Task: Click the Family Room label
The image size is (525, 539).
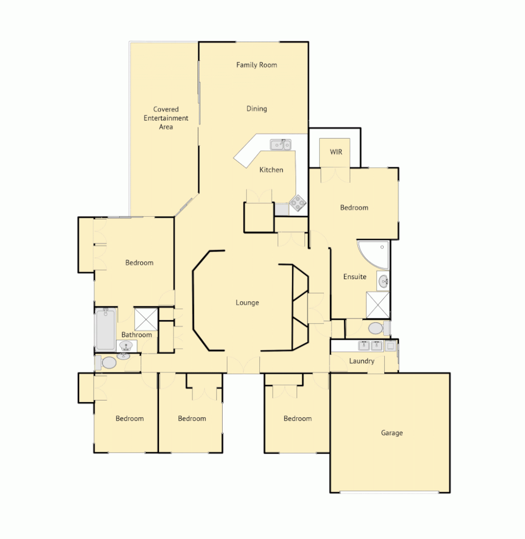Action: point(257,65)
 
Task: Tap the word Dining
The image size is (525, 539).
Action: point(257,108)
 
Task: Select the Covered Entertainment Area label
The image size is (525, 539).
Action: point(166,118)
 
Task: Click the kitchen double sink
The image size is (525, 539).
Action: point(280,144)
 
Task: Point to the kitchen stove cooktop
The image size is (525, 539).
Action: point(298,203)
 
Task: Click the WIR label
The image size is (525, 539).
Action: point(336,152)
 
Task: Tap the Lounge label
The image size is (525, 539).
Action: point(247,302)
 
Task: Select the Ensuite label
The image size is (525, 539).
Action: point(355,277)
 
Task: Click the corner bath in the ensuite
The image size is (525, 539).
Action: point(375,254)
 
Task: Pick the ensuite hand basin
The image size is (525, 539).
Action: point(383,281)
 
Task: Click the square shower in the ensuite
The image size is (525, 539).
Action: point(377,305)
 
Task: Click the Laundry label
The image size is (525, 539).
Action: point(362,361)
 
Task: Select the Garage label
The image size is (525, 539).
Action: point(392,433)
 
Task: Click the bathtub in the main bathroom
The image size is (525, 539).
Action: point(106,329)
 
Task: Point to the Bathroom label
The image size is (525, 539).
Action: point(136,335)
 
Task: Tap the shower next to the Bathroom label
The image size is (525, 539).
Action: point(146,318)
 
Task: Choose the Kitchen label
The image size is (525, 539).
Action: point(271,170)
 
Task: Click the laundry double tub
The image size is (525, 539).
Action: point(370,345)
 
